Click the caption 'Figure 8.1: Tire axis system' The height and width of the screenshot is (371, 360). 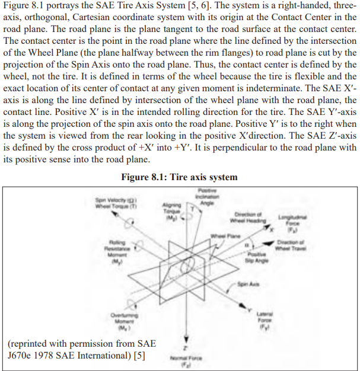point(179,177)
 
